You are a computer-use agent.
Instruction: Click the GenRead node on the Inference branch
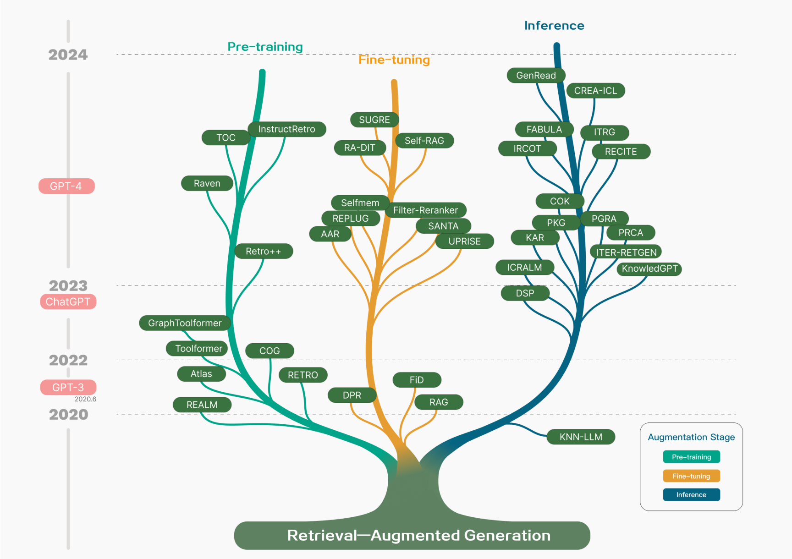pos(536,76)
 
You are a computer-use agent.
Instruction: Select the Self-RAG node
pos(424,141)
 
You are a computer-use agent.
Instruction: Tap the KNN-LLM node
pos(581,437)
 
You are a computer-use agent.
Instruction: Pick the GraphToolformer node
pos(185,323)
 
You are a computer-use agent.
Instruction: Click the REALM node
pos(202,405)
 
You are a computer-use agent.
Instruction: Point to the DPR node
pos(352,395)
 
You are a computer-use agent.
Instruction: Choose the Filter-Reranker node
pos(425,210)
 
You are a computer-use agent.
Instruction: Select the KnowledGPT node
pos(649,269)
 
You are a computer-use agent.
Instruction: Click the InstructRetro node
pos(286,129)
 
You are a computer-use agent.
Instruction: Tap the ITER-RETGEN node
pos(626,252)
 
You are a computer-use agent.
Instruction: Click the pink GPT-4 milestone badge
pos(66,186)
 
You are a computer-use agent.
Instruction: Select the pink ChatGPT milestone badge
pos(68,302)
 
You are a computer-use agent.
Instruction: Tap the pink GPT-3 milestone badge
pos(68,388)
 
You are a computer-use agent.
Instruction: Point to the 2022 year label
pos(68,361)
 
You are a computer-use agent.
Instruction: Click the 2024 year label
pos(68,55)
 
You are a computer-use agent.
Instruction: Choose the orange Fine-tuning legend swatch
pos(691,476)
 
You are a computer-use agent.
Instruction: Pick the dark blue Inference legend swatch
pos(691,495)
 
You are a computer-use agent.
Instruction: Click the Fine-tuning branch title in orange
pos(394,60)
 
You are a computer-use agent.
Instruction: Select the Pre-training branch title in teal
pos(265,47)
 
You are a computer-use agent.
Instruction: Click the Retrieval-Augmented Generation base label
pos(418,536)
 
